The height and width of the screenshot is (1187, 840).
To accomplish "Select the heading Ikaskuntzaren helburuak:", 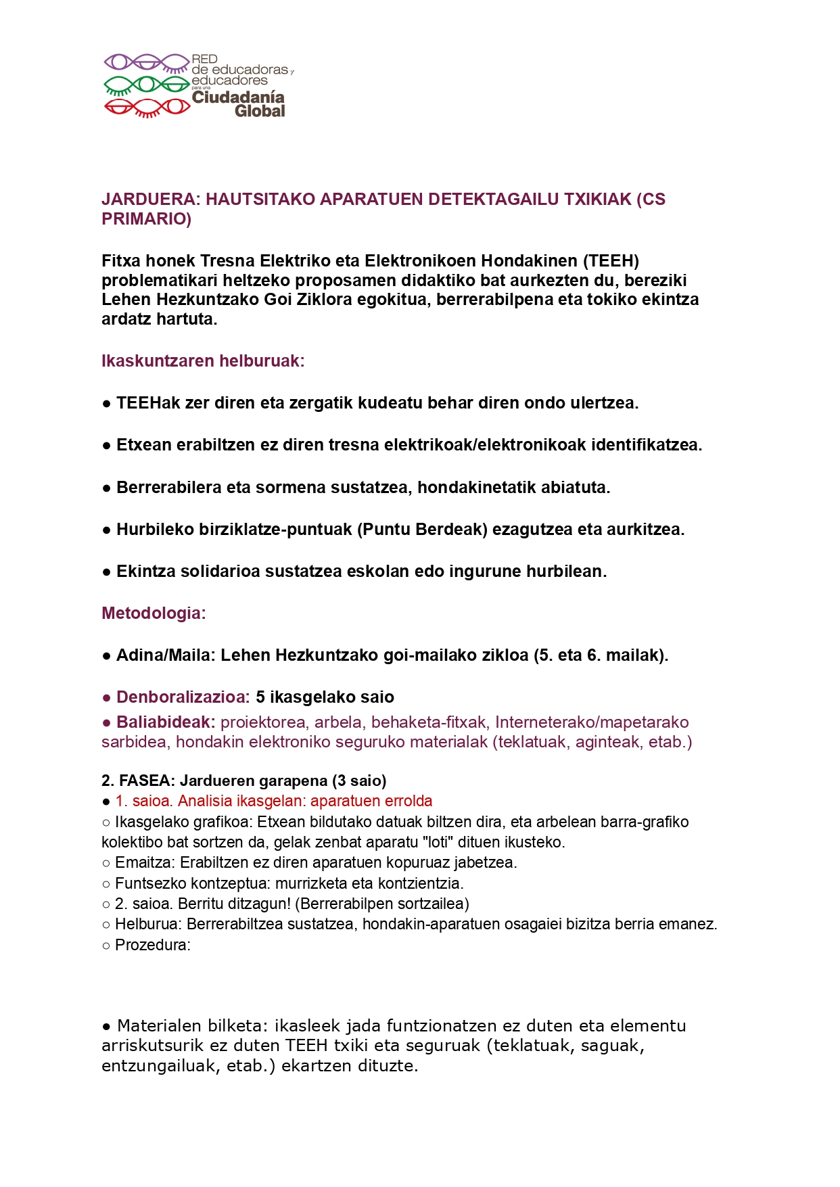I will coord(203,361).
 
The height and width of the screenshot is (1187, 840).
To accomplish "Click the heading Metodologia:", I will coord(154,613).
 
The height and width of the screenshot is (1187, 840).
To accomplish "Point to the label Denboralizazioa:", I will coord(183,697).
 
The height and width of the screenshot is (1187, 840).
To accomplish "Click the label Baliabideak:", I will coord(166,722).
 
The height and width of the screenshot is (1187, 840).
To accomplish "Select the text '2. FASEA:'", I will coord(138,781).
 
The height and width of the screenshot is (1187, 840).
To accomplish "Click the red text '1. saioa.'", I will coord(143,801).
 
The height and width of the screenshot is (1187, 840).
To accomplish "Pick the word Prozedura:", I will coord(153,946).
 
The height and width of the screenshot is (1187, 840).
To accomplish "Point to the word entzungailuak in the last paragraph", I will coord(149,1066).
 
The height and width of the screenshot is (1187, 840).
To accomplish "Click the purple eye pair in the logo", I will coord(145,62).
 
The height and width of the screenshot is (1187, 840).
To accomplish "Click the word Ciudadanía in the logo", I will coord(238,97).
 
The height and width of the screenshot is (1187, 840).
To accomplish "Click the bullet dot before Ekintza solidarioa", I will coord(106,572).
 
